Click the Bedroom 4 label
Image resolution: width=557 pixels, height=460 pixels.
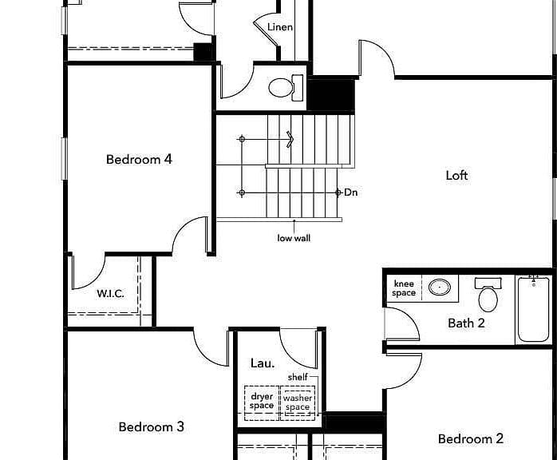pyautogui.click(x=139, y=159)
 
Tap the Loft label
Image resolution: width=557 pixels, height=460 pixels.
pyautogui.click(x=456, y=175)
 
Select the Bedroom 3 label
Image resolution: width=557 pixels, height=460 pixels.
pyautogui.click(x=152, y=426)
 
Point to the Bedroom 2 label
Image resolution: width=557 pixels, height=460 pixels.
pyautogui.click(x=471, y=438)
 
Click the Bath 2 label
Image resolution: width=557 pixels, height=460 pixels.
pyautogui.click(x=466, y=323)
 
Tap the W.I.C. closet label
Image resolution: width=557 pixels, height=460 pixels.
pyautogui.click(x=110, y=294)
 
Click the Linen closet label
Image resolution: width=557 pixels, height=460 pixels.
pyautogui.click(x=280, y=27)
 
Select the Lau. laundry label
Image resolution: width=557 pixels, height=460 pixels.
pyautogui.click(x=263, y=363)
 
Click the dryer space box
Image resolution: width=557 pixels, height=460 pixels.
pyautogui.click(x=262, y=403)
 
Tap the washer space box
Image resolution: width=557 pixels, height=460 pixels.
pyautogui.click(x=298, y=403)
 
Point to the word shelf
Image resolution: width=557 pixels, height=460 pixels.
pyautogui.click(x=298, y=377)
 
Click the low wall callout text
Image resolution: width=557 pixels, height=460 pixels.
pyautogui.click(x=294, y=238)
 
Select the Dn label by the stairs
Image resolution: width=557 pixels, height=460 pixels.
pyautogui.click(x=350, y=192)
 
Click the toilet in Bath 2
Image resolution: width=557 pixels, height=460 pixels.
pyautogui.click(x=488, y=295)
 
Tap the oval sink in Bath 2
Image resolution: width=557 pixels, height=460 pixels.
pyautogui.click(x=440, y=287)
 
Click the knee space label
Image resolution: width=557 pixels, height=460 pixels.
pyautogui.click(x=404, y=288)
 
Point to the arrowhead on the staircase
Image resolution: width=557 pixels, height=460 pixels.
pyautogui.click(x=290, y=139)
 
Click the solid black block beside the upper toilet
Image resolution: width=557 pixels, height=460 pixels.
pyautogui.click(x=330, y=94)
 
